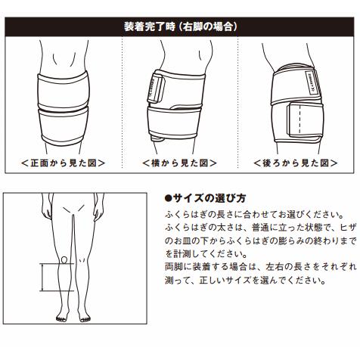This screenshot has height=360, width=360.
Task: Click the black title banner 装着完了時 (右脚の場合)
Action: click(180, 26)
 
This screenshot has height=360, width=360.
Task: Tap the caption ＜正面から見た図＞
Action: click(63, 163)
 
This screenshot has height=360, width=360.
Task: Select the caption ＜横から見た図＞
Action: click(179, 163)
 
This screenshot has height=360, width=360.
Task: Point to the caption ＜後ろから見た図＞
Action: click(296, 163)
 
